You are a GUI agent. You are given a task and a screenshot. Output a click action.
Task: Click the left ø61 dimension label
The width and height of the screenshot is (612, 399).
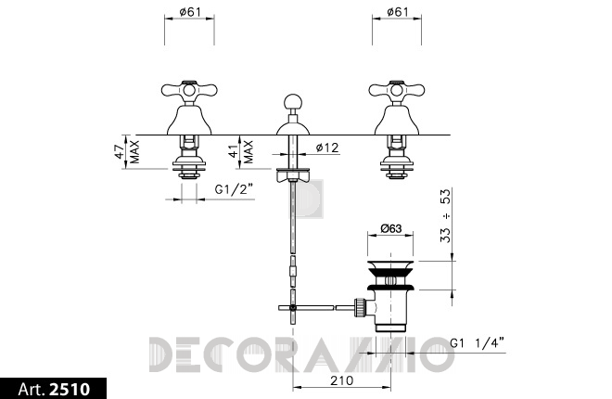pos(190,12)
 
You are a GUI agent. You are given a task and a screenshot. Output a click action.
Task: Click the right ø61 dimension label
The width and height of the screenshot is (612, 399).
pos(397,12)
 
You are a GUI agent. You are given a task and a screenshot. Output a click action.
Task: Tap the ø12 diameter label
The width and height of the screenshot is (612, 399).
pos(327,148)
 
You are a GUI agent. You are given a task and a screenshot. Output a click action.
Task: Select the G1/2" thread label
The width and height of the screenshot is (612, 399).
pos(234,189)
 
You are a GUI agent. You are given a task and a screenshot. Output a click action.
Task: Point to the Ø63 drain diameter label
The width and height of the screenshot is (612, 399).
pos(390,228)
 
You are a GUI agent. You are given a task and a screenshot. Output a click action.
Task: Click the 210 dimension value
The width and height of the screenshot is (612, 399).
pos(341,380)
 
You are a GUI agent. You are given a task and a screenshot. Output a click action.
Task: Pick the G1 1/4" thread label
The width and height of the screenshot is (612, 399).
pos(477,343)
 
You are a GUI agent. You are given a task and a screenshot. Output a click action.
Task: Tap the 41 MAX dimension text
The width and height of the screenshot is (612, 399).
pos(241,151)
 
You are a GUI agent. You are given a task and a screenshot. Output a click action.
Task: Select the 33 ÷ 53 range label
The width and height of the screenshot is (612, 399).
pos(445,215)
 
